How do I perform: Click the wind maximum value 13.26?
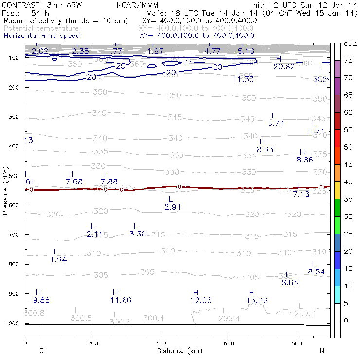click(257, 300)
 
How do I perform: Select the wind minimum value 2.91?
click(172, 207)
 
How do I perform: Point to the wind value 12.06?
click(201, 300)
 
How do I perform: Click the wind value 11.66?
click(121, 300)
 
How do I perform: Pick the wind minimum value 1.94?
click(58, 260)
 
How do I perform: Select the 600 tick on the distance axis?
click(229, 343)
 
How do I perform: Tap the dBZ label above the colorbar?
click(350, 44)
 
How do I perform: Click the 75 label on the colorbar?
click(349, 60)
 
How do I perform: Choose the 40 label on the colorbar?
click(349, 182)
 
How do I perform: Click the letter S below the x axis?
click(41, 351)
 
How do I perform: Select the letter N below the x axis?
click(322, 351)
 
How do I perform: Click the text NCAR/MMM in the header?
click(137, 4)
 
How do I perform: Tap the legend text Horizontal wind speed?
click(41, 36)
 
